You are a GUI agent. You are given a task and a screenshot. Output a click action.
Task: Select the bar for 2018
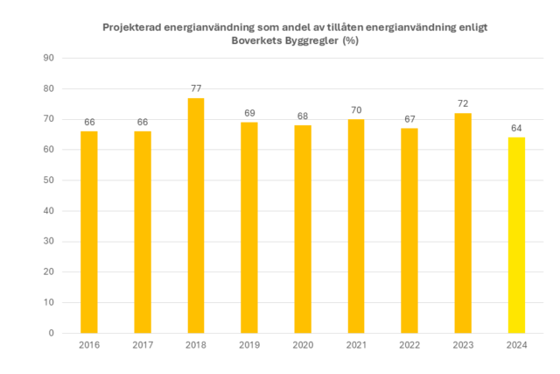click(x=196, y=215)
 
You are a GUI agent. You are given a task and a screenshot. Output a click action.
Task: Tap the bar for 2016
click(x=89, y=232)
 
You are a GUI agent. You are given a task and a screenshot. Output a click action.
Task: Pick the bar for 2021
click(x=356, y=226)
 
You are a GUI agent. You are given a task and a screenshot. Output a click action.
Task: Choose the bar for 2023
click(x=463, y=222)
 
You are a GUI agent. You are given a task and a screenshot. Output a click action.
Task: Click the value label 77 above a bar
click(x=196, y=88)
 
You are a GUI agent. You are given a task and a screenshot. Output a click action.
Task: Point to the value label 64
click(x=516, y=128)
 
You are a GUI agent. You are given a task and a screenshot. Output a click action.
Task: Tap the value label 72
click(x=463, y=103)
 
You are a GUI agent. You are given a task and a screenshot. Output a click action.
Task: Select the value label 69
click(x=249, y=113)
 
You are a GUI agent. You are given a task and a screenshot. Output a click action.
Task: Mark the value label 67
click(x=409, y=119)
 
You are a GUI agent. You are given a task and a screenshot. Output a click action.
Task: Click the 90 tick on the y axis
click(x=49, y=58)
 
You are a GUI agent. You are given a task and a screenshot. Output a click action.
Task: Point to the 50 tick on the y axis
click(x=49, y=180)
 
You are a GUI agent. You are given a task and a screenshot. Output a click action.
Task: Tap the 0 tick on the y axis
click(x=52, y=333)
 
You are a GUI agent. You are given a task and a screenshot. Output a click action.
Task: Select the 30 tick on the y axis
click(x=49, y=242)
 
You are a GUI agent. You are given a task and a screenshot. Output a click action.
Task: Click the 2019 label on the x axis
click(x=249, y=346)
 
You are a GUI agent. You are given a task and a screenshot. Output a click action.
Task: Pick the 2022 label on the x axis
click(x=409, y=346)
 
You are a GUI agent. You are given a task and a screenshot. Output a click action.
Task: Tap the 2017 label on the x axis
click(x=143, y=346)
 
